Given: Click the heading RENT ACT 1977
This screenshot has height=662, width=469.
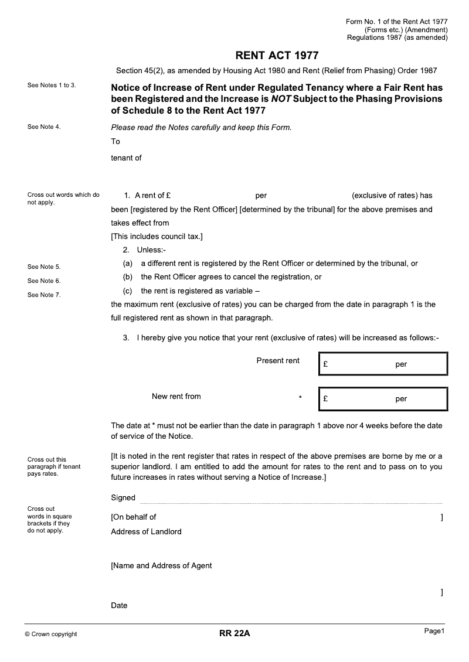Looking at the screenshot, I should [277, 56].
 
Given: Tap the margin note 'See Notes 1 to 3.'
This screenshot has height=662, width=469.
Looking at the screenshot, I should [52, 86].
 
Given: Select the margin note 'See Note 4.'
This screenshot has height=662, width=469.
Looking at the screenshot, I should [44, 127].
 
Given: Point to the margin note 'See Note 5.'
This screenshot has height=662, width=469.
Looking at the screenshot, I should [44, 267].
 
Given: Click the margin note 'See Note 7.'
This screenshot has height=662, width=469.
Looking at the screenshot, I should [44, 295].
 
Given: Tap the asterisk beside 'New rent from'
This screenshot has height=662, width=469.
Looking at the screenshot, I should [300, 398].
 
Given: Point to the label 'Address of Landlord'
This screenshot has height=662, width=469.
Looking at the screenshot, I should [146, 532].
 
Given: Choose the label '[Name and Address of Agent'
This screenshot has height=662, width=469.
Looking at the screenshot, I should [161, 566].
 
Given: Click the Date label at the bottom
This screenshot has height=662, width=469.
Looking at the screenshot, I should [119, 606].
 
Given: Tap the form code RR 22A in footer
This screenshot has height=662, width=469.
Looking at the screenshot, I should [235, 633].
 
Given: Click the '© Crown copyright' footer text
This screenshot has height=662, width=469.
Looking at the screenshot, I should [51, 634].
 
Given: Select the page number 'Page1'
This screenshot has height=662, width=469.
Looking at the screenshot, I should [435, 631].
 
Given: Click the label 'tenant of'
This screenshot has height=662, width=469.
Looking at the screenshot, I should [126, 158].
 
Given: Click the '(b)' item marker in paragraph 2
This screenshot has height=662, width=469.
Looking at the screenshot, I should [127, 277].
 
